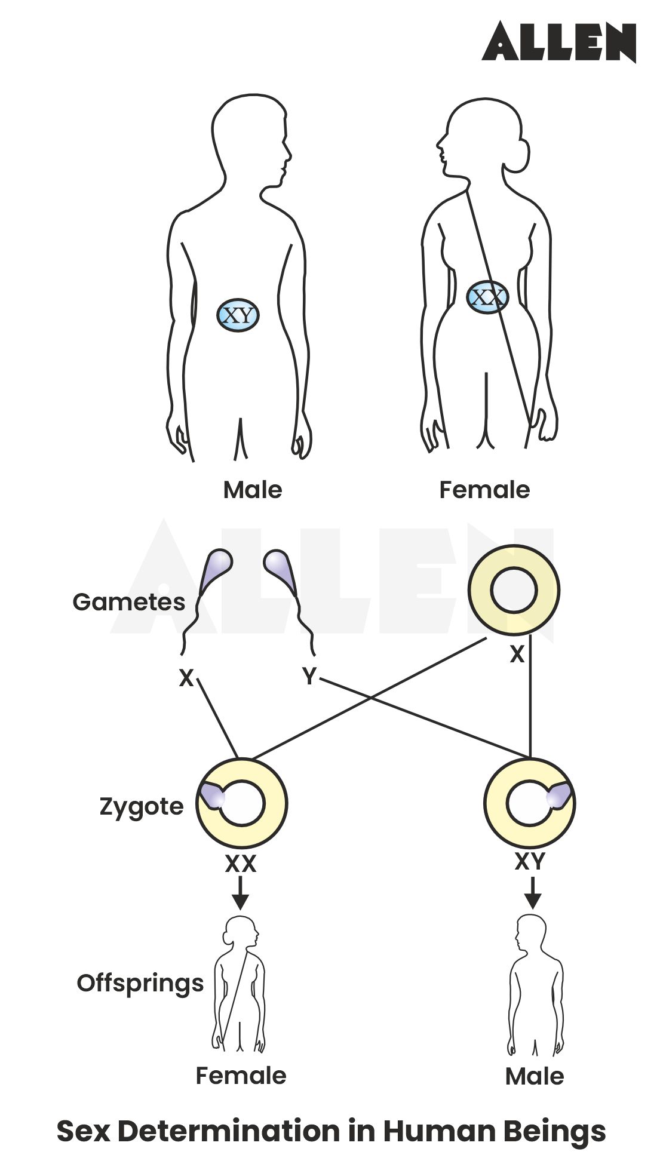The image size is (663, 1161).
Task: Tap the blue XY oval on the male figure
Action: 238,315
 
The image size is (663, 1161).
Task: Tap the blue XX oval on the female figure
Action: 487,297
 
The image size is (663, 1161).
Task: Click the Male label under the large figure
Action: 252,490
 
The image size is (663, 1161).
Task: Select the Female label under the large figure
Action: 484,490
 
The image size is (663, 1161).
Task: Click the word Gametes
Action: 128,601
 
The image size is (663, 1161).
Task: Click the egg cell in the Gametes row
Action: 513,590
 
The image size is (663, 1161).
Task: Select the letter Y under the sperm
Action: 309,677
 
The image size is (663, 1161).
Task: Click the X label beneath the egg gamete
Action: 517,655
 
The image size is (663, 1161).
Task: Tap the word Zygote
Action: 142,807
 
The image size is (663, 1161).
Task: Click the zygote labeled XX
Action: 242,803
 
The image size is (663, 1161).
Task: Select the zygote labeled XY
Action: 530,803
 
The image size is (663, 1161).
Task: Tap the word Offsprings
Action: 140,983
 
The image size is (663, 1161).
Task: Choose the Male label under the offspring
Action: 535,1076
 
